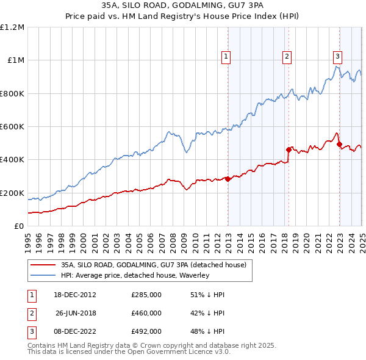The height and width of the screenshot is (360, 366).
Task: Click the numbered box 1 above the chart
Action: click(226, 57)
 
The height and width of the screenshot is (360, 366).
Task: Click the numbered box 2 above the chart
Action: click(287, 57)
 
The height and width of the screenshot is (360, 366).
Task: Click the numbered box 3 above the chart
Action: click(337, 57)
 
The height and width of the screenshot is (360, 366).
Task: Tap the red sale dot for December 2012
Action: click(228, 179)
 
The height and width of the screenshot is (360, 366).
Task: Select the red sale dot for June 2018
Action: click(289, 149)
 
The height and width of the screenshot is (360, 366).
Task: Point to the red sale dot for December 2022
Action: click(339, 145)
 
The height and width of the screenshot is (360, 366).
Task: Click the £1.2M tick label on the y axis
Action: click(13, 27)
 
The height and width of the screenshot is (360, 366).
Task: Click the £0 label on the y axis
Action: click(18, 226)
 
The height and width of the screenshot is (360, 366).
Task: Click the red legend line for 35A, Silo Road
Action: click(43, 265)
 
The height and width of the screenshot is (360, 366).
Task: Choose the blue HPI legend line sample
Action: click(43, 276)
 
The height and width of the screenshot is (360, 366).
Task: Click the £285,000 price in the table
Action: click(146, 295)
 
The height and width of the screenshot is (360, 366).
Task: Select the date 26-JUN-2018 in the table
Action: click(76, 313)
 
